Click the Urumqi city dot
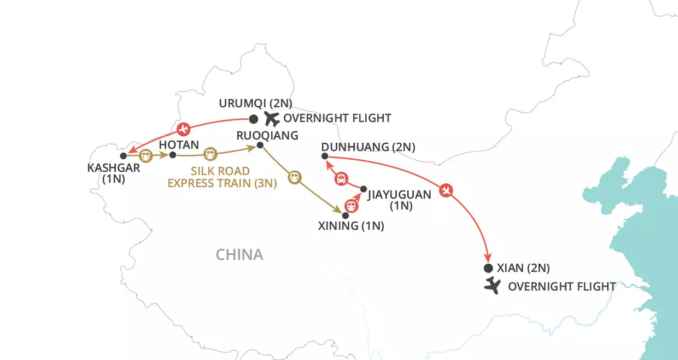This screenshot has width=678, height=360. click(253, 119)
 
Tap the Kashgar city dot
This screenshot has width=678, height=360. click(124, 156)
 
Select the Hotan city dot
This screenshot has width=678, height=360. click(173, 155)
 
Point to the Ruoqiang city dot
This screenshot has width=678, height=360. click(260, 145)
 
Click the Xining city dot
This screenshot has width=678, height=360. click(345, 216)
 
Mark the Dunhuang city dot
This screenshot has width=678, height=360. click(325, 156)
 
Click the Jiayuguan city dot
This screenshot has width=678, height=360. click(363, 189)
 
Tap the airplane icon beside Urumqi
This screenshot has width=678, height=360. click(271, 118)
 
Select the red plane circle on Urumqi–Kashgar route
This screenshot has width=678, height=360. click(184, 129)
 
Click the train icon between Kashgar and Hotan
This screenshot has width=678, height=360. click(145, 155)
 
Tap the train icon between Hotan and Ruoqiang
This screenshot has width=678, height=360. click(210, 153)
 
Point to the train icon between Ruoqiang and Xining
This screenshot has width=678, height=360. click(294, 177)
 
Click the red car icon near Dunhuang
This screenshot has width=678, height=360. click(340, 178)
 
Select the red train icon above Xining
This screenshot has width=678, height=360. click(351, 206)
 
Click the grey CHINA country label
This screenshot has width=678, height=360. click(239, 254)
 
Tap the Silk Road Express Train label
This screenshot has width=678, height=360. click(222, 177)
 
